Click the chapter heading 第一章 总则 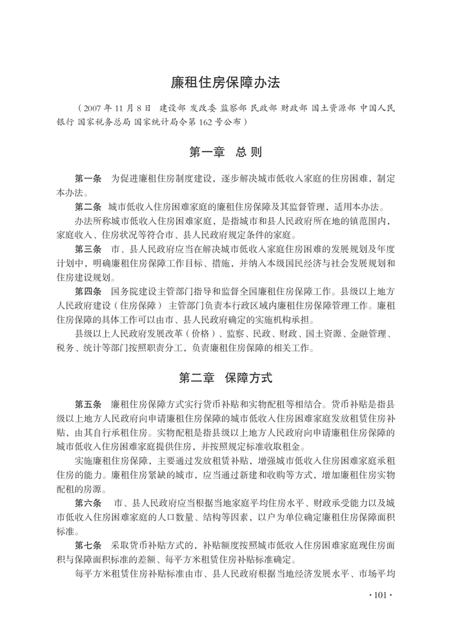(x=225, y=153)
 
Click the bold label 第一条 (x=88, y=179)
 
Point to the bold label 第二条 (x=88, y=207)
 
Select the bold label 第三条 (x=88, y=249)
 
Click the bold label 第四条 (x=88, y=291)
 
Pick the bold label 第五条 (x=88, y=404)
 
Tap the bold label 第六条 (x=88, y=502)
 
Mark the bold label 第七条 (x=88, y=545)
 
